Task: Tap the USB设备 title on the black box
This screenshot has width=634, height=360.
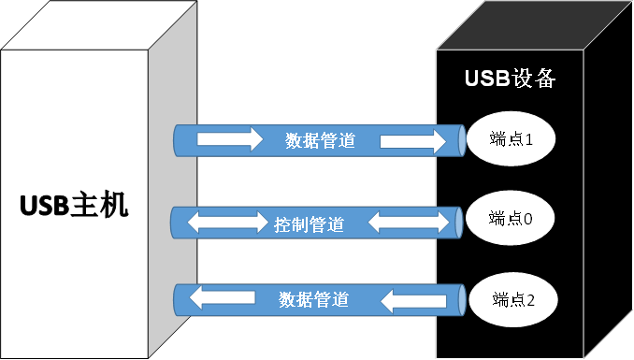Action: point(511,79)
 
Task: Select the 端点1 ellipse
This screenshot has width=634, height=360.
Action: point(511,140)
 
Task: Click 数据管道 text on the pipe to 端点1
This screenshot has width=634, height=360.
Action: point(320,141)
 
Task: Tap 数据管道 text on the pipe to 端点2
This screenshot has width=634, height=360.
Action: point(314,299)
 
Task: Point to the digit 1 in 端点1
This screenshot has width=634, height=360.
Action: point(528,140)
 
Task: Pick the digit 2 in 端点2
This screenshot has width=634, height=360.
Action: point(530,299)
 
